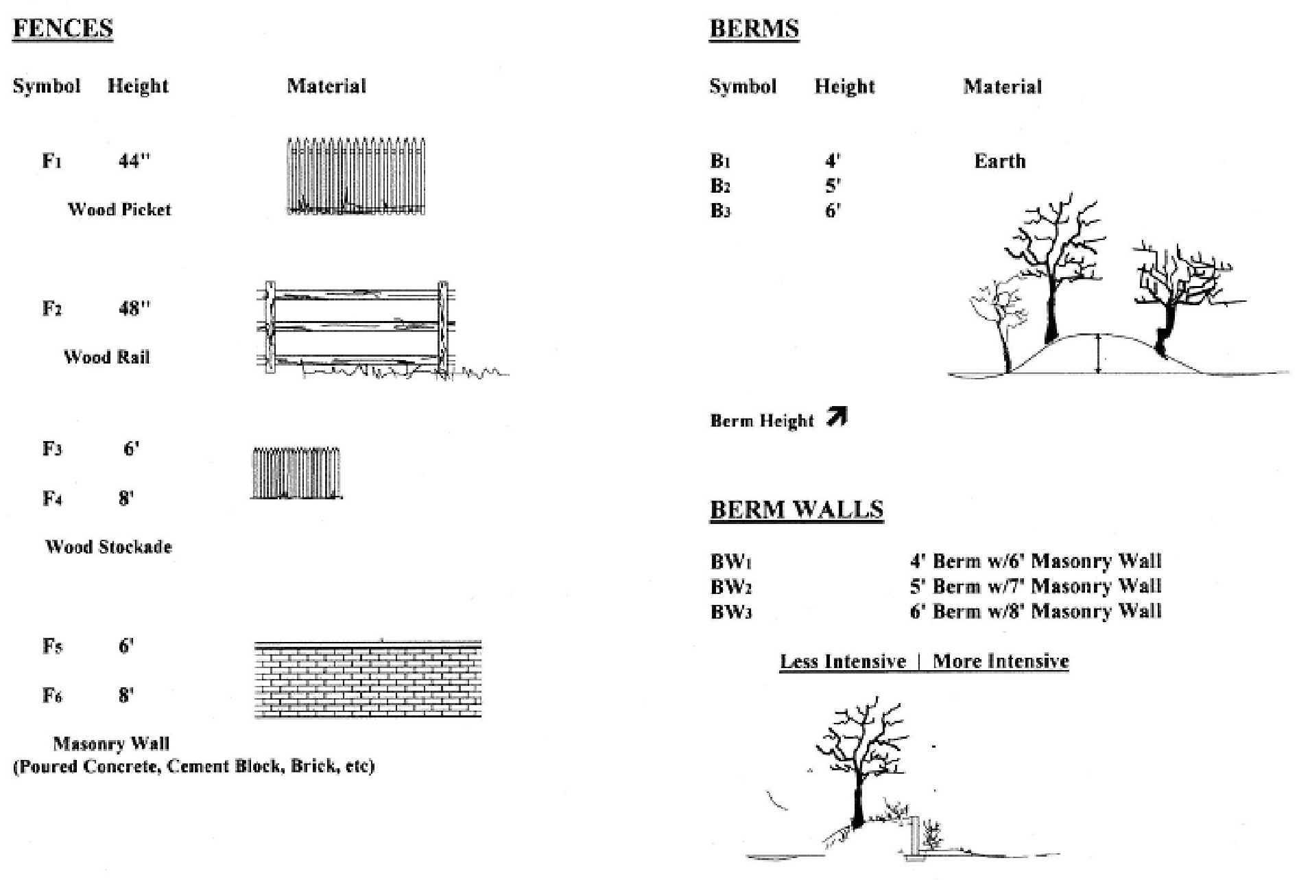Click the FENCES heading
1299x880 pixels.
62,29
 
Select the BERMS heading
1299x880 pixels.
754,29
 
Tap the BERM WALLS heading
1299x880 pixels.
796,510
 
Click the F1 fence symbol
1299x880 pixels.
51,161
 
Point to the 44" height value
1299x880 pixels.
134,161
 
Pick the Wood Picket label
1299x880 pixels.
119,209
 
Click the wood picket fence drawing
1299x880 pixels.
355,177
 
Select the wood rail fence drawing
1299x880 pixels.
357,327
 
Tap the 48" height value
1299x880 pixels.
134,309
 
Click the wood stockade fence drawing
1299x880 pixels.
296,473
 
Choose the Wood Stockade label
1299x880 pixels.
108,547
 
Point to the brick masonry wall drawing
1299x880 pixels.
368,680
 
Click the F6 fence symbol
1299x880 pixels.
52,695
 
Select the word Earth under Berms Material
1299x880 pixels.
999,161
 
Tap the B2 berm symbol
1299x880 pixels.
720,186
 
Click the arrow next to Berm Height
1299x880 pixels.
837,416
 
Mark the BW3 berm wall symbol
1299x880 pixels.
731,611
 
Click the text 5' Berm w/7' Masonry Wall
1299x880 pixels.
1035,586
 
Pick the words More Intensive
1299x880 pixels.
1001,661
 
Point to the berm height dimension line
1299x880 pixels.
1098,354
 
